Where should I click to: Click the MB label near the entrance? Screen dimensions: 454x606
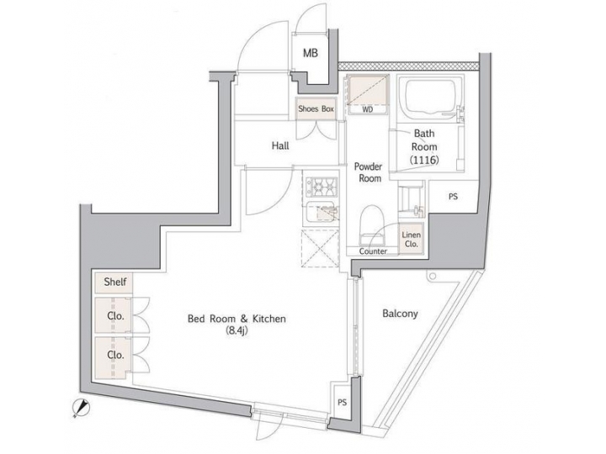coord(311,54)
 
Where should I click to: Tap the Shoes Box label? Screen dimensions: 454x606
coord(316,108)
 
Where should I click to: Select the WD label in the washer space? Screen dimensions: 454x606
coord(368,109)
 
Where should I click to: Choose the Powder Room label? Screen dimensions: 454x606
coord(368,172)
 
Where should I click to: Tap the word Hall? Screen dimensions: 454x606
coord(280,145)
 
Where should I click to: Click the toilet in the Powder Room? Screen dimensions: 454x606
coord(370,225)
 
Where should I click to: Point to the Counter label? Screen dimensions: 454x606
coord(372,251)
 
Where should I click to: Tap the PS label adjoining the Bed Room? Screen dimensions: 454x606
coord(342,402)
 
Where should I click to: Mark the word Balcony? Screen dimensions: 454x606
coord(400,314)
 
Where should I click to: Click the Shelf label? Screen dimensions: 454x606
coord(115,282)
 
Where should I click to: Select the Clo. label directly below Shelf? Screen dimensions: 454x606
coord(115,316)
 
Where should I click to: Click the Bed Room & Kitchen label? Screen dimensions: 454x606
coord(237,319)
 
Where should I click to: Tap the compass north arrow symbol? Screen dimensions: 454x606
coord(82,407)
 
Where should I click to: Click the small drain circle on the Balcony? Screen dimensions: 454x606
coord(431,276)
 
